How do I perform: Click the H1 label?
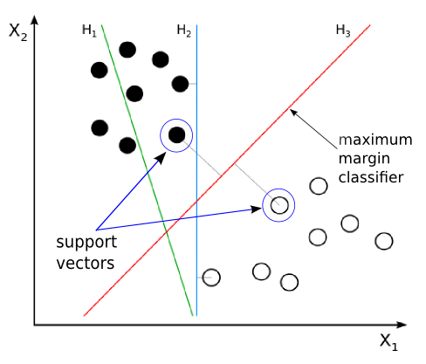pyautogui.click(x=89, y=31)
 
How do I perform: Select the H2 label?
pyautogui.click(x=184, y=31)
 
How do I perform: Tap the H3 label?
pyautogui.click(x=343, y=31)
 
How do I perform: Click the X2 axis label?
pyautogui.click(x=18, y=31)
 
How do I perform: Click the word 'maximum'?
pyautogui.click(x=375, y=141)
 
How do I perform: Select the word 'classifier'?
pyautogui.click(x=371, y=177)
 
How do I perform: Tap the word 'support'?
pyautogui.click(x=86, y=243)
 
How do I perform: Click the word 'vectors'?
pyautogui.click(x=86, y=263)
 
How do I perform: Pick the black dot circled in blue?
pyautogui.click(x=176, y=135)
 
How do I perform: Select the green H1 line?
pyautogui.click(x=147, y=170)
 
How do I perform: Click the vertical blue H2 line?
pyautogui.click(x=196, y=170)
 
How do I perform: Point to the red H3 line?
pyautogui.click(x=227, y=170)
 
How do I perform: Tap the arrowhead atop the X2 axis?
pyautogui.click(x=35, y=20)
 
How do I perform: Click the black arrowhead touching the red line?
pyautogui.click(x=293, y=112)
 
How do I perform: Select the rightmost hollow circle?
pyautogui.click(x=384, y=241)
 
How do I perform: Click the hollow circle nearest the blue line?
pyautogui.click(x=211, y=278)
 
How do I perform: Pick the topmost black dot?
pyautogui.click(x=127, y=50)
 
